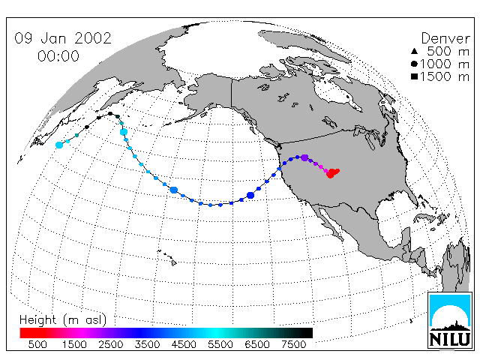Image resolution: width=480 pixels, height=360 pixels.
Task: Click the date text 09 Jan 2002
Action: click(63, 38)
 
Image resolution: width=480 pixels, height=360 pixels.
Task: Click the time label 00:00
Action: click(58, 56)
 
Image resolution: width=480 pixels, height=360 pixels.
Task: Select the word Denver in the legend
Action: click(445, 38)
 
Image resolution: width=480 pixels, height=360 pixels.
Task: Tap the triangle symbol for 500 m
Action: click(414, 51)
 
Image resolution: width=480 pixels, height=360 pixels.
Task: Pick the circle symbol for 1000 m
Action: click(414, 64)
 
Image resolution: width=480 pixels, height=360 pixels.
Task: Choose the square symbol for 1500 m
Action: click(414, 76)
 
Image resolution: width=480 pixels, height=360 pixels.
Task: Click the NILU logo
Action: click(450, 320)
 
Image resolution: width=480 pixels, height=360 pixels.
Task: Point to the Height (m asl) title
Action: click(63, 320)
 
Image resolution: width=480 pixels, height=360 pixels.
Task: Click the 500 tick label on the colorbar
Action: click(37, 344)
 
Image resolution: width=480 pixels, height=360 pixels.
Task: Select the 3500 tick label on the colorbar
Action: click(147, 344)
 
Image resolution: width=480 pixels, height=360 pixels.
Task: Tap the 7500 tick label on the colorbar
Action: click(293, 344)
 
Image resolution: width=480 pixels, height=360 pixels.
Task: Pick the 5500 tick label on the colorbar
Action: click(220, 344)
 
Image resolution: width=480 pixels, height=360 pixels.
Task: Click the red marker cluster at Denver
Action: click(332, 173)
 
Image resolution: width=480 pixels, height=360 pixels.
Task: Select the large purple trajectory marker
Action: click(304, 158)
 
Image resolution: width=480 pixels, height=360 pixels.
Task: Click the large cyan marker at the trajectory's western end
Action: click(59, 145)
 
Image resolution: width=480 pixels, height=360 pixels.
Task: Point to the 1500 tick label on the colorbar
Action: click(74, 344)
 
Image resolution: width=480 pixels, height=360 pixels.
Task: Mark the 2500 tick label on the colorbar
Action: click(110, 344)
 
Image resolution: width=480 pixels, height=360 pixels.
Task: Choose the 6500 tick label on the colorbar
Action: click(257, 344)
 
